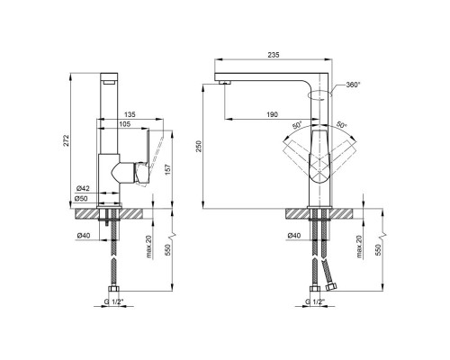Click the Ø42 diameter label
(x=83, y=187)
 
